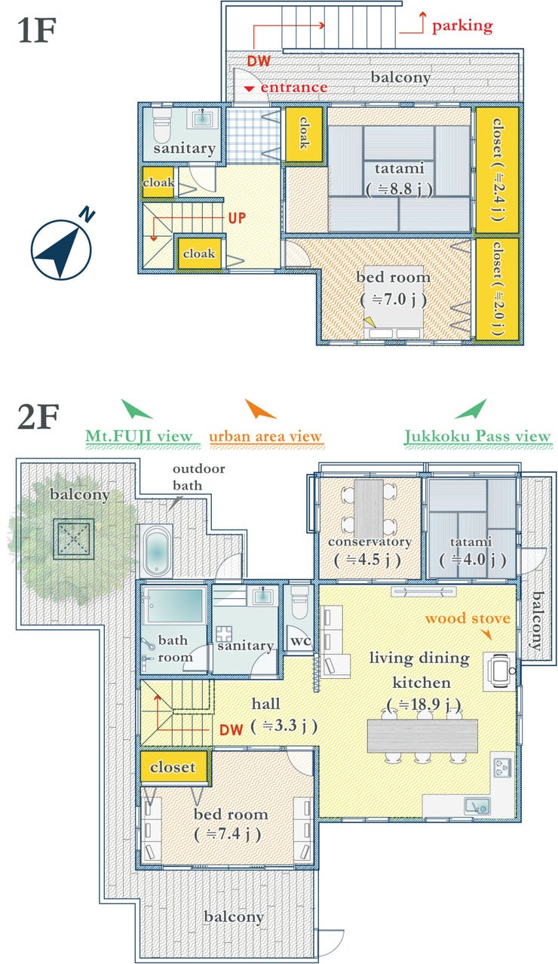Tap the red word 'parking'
(462, 26)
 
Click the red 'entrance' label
(294, 87)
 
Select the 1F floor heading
(38, 30)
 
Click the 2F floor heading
(38, 416)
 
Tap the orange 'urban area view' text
(265, 436)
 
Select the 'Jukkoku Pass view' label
(477, 436)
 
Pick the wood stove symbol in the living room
(499, 671)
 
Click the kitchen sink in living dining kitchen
(477, 805)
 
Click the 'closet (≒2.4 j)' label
(498, 170)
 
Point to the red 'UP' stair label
(237, 218)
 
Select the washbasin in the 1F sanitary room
(202, 118)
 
